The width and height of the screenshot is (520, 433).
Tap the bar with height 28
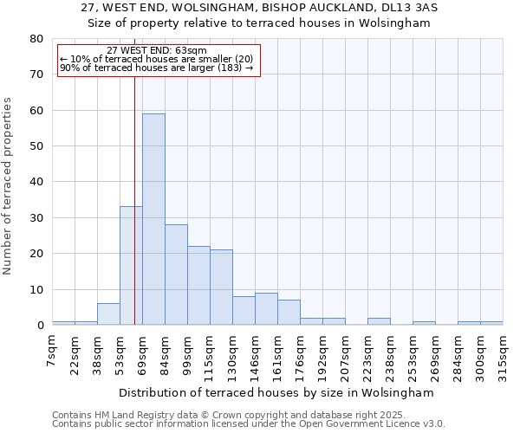point(176,275)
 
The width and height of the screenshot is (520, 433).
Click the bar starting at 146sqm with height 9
point(266,309)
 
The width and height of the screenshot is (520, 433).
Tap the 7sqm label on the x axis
point(53,351)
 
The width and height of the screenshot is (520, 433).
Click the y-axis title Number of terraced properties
point(9,186)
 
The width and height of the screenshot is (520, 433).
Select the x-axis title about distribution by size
point(276,392)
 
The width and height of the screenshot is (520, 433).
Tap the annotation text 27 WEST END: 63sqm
point(158,50)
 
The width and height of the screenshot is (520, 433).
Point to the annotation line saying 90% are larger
point(156,68)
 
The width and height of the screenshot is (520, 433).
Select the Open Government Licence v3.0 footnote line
point(248,423)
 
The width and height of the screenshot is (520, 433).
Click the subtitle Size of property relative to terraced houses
point(259,23)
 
